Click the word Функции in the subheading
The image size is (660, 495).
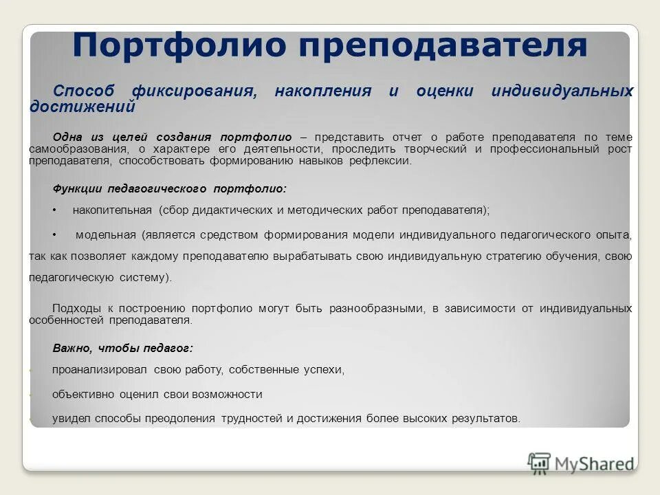pyautogui.click(x=75, y=188)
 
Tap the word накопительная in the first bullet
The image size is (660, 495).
pyautogui.click(x=113, y=210)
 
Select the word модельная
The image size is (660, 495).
pyautogui.click(x=106, y=234)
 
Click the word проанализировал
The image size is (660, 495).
pyautogui.click(x=100, y=370)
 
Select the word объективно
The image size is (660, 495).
pyautogui.click(x=82, y=395)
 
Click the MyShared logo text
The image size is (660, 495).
pyautogui.click(x=593, y=464)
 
